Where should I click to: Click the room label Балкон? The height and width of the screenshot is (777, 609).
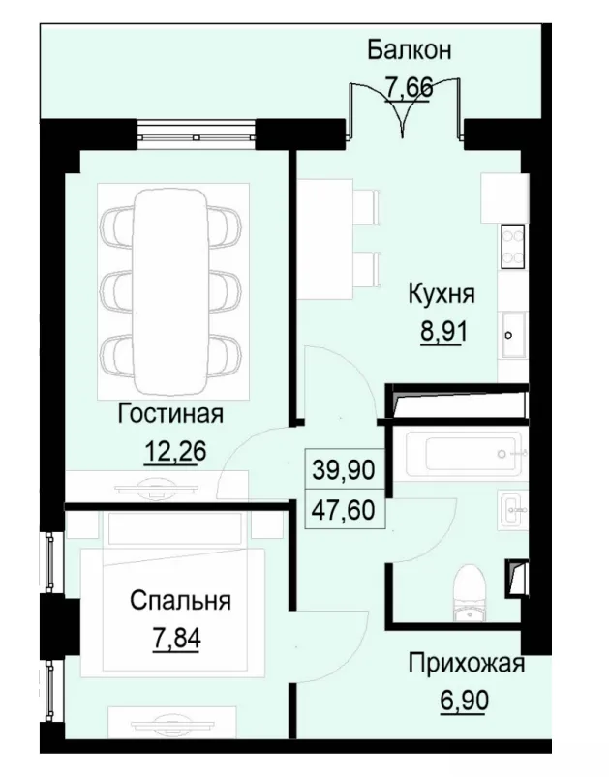click(410, 50)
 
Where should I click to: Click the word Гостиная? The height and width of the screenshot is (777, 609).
click(170, 414)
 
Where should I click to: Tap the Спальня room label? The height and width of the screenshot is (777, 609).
click(181, 601)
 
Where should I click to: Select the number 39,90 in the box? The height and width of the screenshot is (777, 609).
click(343, 470)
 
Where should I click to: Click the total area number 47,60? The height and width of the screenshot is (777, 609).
click(343, 508)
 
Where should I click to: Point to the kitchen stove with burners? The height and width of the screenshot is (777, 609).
click(512, 246)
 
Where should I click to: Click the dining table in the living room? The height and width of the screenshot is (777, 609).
click(169, 282)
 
